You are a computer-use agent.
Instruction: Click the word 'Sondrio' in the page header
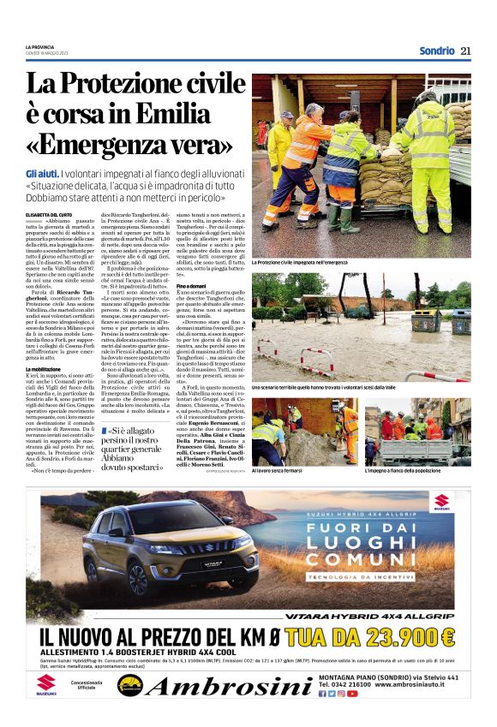(x=436, y=51)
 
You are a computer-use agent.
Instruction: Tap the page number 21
(x=465, y=51)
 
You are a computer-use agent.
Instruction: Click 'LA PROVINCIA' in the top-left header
(x=39, y=45)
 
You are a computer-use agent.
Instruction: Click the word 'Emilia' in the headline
(x=189, y=113)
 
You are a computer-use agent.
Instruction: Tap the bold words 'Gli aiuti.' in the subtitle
(x=42, y=174)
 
